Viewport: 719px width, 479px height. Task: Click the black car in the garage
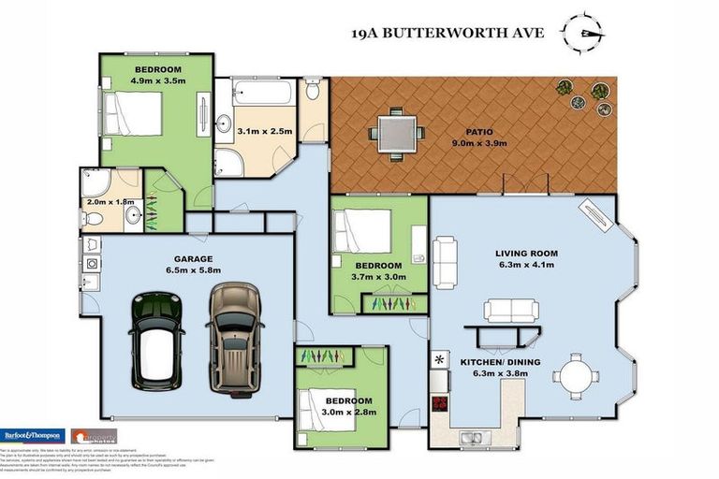click(x=155, y=340)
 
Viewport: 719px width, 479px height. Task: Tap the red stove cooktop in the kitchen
click(x=439, y=405)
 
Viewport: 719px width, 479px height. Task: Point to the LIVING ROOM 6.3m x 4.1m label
click(x=526, y=258)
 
